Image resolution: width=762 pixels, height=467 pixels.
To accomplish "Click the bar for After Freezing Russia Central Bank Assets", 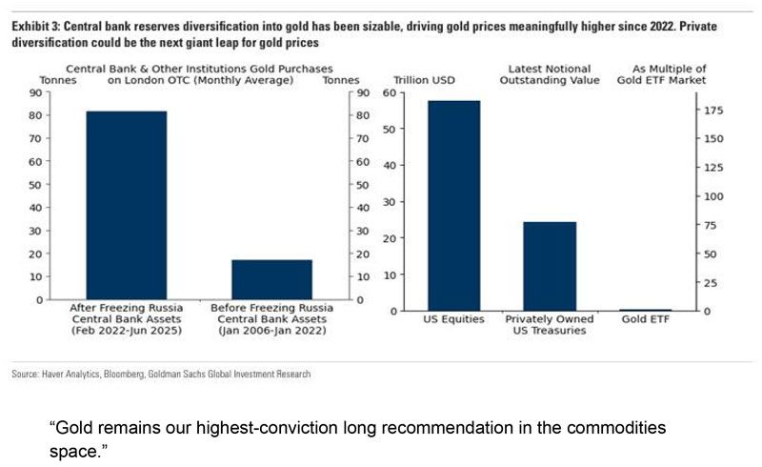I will (x=127, y=205).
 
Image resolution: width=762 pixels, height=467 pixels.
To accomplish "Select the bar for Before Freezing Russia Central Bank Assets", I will (x=271, y=279).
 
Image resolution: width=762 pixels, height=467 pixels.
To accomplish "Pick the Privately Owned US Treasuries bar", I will (x=550, y=266).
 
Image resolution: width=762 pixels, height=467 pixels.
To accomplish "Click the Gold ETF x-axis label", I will (x=646, y=319).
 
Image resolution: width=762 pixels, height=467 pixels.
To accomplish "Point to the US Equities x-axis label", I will (x=453, y=319).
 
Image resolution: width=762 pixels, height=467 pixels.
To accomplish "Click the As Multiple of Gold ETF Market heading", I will (x=670, y=75).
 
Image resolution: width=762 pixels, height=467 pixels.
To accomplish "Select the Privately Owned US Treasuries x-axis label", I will (x=550, y=325).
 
